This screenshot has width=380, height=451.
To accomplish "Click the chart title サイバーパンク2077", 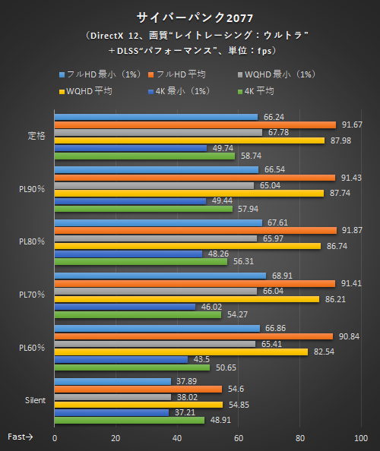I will [191, 17].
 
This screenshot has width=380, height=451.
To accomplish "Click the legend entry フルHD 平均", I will [181, 74].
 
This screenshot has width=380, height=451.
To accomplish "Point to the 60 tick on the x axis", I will [239, 438].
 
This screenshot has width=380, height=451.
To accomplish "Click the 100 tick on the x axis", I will [361, 438].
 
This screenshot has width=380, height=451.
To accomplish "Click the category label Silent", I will [34, 399].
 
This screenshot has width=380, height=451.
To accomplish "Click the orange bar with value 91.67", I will [195, 125].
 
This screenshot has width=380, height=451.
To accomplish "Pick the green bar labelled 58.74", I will [144, 156].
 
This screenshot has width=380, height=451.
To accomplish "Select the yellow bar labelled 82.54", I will [181, 352].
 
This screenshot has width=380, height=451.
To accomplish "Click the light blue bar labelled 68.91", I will [160, 275].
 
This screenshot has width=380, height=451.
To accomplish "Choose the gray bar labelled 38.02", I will [112, 396].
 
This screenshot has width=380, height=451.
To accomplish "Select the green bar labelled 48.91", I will [129, 419].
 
